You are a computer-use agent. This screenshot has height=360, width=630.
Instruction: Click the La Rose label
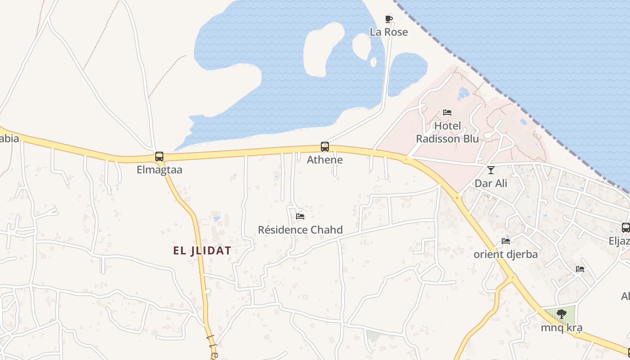tap(389, 32)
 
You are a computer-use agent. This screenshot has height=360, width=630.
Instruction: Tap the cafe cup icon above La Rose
tap(389, 19)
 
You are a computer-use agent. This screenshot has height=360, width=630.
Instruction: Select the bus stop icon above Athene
tap(325, 147)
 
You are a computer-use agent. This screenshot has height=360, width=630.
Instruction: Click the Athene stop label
tap(325, 160)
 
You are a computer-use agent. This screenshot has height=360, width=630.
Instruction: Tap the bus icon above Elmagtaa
tap(159, 157)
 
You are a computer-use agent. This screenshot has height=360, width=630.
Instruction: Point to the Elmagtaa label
tap(159, 170)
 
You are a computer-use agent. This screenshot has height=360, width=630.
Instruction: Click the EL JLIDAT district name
tap(202, 251)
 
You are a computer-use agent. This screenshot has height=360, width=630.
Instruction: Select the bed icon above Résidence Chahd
tap(300, 216)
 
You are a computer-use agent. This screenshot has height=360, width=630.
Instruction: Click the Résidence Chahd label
tap(300, 229)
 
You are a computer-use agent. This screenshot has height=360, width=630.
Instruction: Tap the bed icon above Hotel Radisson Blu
tap(447, 112)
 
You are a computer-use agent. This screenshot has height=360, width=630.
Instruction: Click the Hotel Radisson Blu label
tap(447, 132)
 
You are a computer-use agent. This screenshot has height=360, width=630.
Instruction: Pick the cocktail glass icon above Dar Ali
tap(491, 170)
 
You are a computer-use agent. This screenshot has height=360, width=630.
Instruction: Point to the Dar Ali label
tap(491, 183)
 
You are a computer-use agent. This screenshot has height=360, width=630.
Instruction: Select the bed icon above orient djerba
tap(506, 241)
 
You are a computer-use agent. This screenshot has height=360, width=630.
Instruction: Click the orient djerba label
tap(506, 254)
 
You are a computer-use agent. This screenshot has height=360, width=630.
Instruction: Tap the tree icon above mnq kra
tap(561, 314)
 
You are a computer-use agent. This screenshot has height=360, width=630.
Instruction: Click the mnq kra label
tap(561, 327)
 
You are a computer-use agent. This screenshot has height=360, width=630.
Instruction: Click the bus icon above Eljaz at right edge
tap(626, 228)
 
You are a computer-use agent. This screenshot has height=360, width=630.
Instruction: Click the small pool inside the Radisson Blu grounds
tap(463, 93)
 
